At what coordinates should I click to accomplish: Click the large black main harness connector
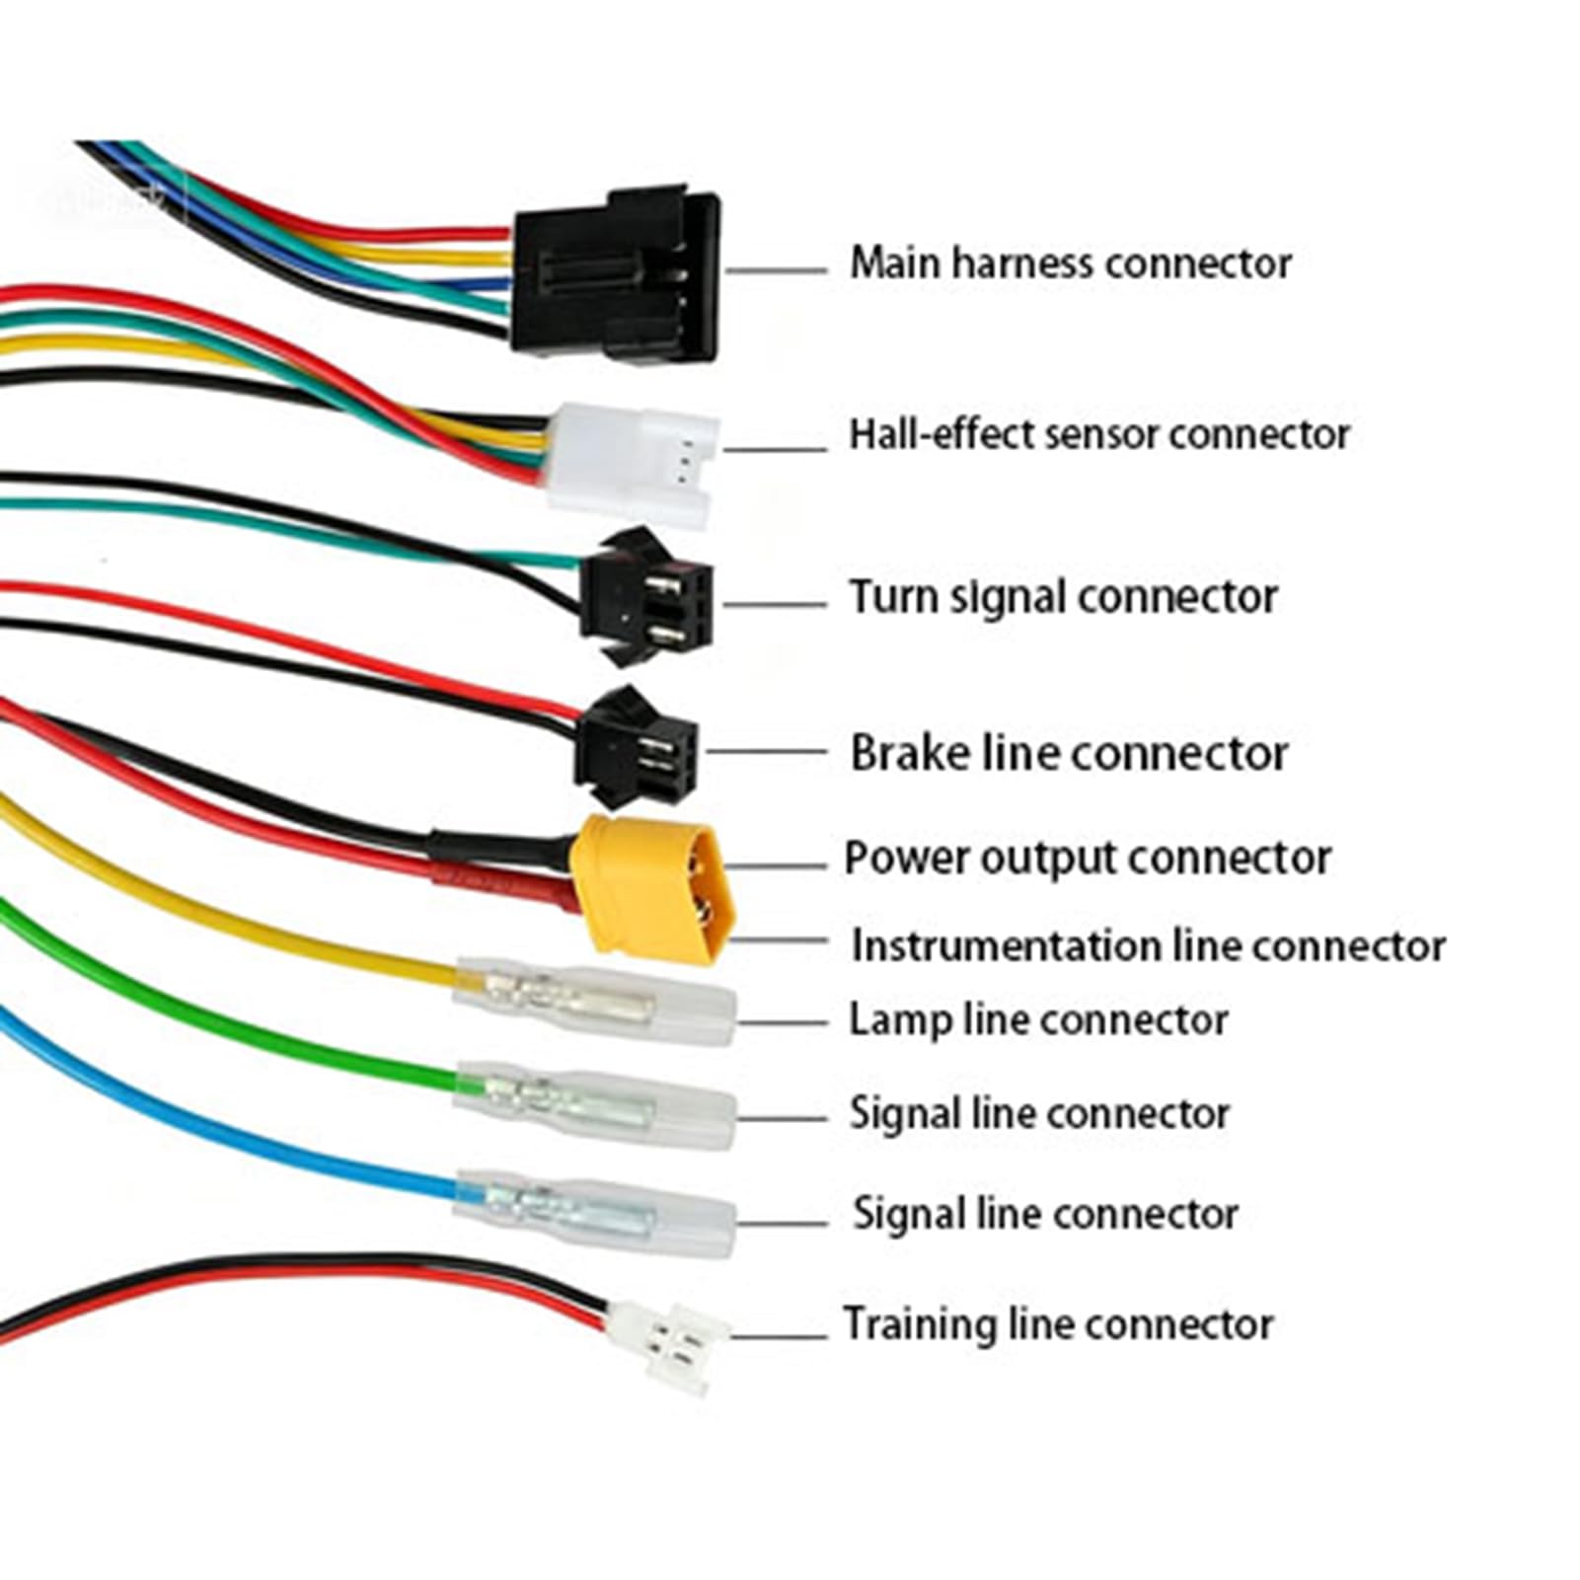tap(616, 274)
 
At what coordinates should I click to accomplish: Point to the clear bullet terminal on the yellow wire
tap(595, 1000)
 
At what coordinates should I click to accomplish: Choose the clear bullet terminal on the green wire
tap(595, 1104)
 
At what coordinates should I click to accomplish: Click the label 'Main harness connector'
tap(1071, 263)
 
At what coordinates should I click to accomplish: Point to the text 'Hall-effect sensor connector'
tap(1099, 434)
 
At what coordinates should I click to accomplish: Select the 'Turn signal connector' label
tap(1064, 598)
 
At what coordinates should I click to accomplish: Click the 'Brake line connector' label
tap(1069, 754)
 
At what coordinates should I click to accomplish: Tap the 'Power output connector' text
tap(1088, 859)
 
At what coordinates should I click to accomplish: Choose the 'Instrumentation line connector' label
tap(1149, 945)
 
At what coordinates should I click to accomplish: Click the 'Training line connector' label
tap(1058, 1324)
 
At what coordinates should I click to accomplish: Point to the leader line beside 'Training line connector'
tap(779, 1338)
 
